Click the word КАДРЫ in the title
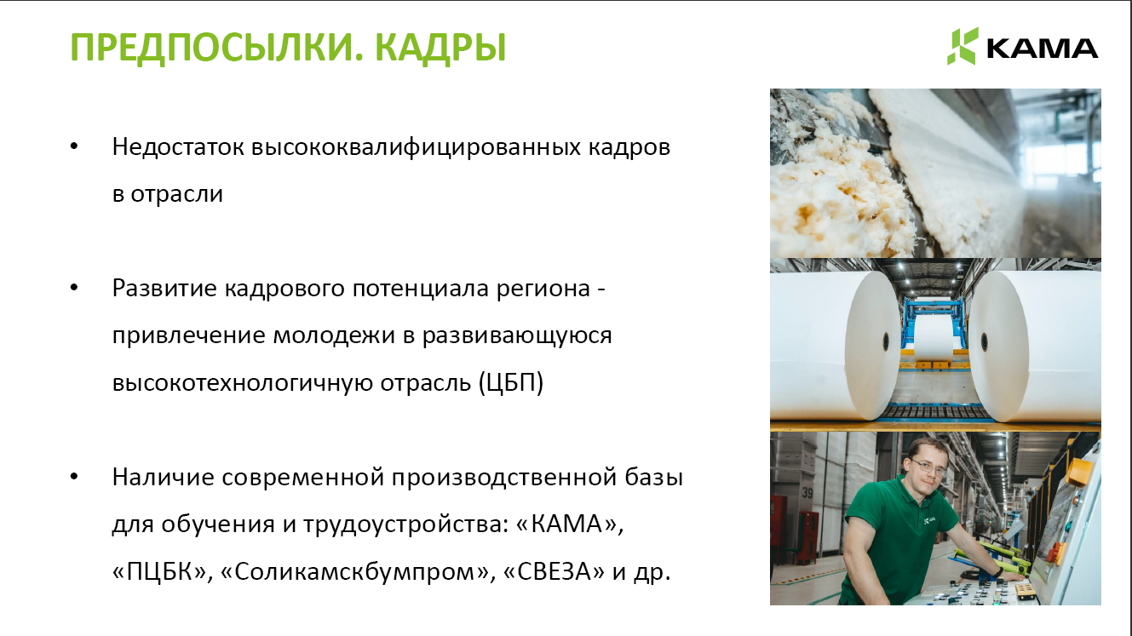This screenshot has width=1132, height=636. point(440,48)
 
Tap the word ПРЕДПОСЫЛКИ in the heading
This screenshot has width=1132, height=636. point(213,48)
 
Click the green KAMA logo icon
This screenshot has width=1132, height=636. point(962,46)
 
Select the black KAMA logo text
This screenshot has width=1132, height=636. point(1042,49)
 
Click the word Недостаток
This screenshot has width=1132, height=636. point(178,147)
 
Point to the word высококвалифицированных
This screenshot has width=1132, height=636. point(416,147)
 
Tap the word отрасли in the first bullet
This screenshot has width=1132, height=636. point(177,194)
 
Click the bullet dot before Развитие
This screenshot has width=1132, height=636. point(74,288)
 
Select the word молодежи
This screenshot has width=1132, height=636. point(334,335)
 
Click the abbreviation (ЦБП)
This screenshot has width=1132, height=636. point(511,382)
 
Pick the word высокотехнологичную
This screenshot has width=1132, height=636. point(243,382)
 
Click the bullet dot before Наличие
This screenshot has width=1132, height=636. point(74,477)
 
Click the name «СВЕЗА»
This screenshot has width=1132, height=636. point(555,571)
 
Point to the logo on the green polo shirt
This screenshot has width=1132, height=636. point(928,519)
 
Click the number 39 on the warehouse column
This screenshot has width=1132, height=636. point(807,492)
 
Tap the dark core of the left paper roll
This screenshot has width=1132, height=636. point(885,342)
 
